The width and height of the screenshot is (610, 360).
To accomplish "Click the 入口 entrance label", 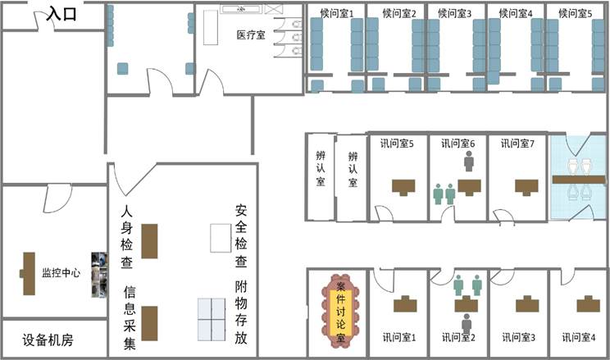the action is (61, 14).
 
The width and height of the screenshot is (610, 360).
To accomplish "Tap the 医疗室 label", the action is (251, 35).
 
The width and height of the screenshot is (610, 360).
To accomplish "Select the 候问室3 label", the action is (454, 14).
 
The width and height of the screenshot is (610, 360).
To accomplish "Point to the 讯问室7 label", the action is (517, 144).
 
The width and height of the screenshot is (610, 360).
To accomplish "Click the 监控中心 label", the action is (61, 272).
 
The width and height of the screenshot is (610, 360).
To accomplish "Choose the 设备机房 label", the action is (48, 340).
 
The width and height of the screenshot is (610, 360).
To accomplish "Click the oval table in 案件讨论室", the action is (340, 311).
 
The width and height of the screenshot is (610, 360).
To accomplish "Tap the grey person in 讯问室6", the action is (469, 161).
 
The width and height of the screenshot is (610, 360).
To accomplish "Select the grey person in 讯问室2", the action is (467, 324).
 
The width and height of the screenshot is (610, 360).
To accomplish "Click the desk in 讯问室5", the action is (403, 187).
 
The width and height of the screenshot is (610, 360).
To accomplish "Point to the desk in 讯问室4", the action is (588, 304).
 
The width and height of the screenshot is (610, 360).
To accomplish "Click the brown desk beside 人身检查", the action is (149, 241).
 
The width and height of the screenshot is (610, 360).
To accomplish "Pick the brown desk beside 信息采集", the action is (149, 323).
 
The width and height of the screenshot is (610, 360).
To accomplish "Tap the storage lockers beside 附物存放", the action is (212, 320).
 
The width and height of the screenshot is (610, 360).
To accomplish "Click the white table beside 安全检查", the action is (221, 238).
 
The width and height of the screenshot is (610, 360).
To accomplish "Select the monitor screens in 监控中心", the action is (99, 275).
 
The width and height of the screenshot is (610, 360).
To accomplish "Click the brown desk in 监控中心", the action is (28, 274).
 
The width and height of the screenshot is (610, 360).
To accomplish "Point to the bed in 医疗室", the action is (211, 27).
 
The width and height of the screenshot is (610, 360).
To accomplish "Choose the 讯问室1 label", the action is (398, 337).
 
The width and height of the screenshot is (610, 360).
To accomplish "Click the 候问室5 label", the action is (576, 14).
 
